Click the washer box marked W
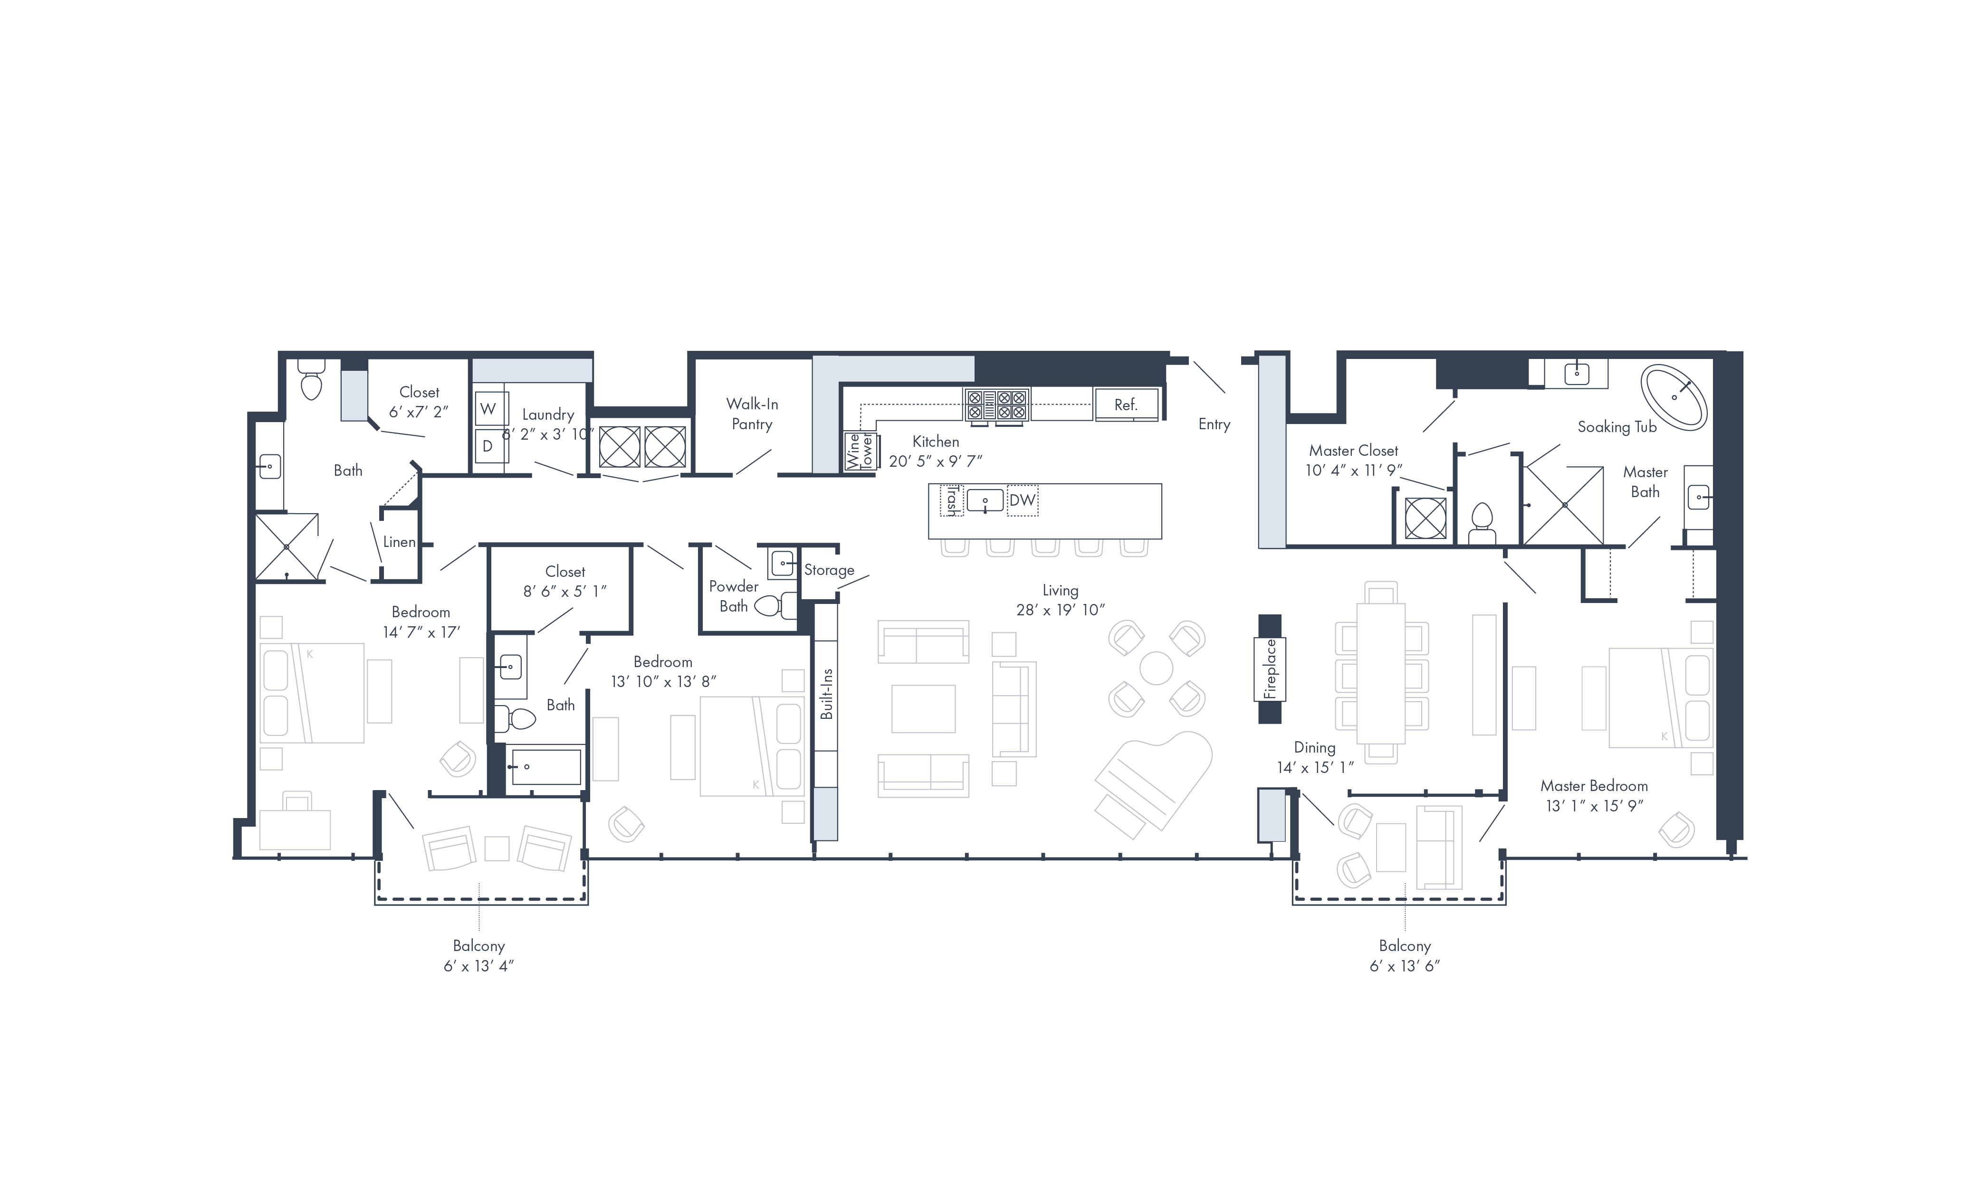[488, 409]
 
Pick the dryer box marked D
[488, 445]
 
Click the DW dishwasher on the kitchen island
[1022, 500]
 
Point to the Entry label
[1214, 425]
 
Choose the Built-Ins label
[827, 694]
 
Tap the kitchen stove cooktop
[996, 405]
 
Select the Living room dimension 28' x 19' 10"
[1061, 610]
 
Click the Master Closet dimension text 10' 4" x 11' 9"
[1353, 471]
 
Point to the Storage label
[829, 570]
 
